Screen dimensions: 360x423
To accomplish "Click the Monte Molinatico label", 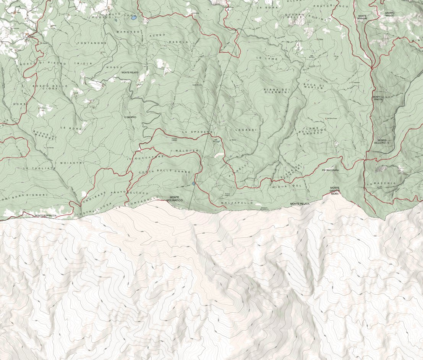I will [175, 199].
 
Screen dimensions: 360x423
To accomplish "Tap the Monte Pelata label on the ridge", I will [299, 204].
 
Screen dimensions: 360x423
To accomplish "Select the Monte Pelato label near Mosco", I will [130, 73].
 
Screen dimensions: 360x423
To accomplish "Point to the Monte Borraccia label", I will [45, 216].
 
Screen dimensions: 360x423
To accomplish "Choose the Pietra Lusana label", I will [331, 170].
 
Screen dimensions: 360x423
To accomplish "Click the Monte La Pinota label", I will [377, 98].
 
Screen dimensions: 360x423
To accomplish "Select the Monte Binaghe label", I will [362, 17].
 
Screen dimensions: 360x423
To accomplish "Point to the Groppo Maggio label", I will [389, 14].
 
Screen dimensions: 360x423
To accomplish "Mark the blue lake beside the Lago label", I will [133, 17].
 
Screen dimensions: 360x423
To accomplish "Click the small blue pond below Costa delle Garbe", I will [194, 184].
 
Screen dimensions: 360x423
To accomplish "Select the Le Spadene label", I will [197, 131].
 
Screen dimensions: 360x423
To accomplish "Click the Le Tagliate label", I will [37, 168].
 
